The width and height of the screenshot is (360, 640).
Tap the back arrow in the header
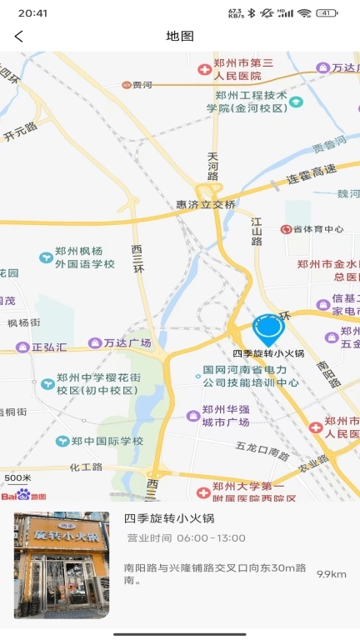point(19,36)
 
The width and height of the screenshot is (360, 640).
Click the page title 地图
point(180,36)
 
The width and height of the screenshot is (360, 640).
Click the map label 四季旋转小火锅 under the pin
point(268,353)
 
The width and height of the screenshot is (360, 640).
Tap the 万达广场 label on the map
point(127,342)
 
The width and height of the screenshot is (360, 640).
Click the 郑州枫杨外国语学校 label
point(84,257)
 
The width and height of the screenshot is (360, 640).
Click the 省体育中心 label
point(317,229)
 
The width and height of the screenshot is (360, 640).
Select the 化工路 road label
point(85,467)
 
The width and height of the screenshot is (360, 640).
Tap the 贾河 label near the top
point(142,85)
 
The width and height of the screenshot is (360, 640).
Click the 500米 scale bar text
point(17,478)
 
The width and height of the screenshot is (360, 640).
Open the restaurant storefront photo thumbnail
point(62,565)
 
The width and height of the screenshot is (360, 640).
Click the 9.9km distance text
point(331,574)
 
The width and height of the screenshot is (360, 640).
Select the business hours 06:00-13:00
point(209,538)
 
